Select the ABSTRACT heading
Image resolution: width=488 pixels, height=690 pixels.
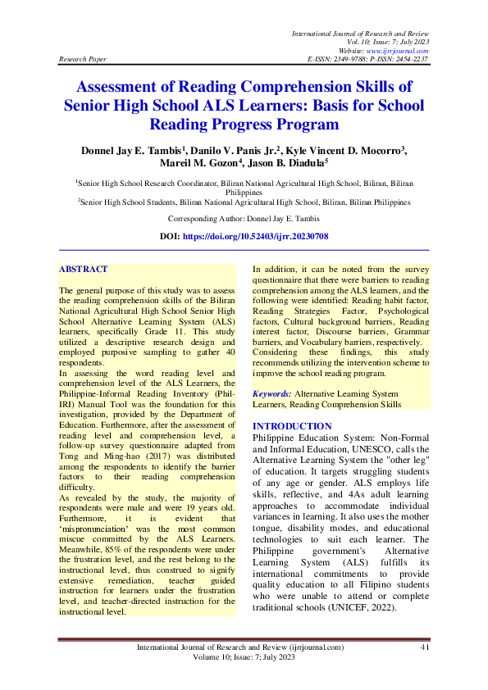83,269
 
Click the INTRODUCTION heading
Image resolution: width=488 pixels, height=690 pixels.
291,426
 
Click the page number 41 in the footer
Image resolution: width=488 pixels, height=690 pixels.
425,647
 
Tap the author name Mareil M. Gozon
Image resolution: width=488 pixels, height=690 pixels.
194,164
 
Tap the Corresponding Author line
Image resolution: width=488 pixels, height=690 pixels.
244,219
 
